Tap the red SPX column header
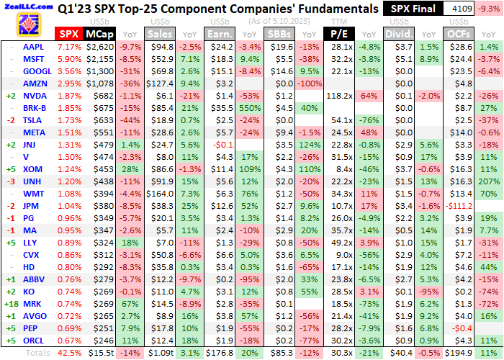point(69,34)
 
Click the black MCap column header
point(98,34)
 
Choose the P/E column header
point(338,34)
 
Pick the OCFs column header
point(456,34)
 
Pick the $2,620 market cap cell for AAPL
point(99,46)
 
